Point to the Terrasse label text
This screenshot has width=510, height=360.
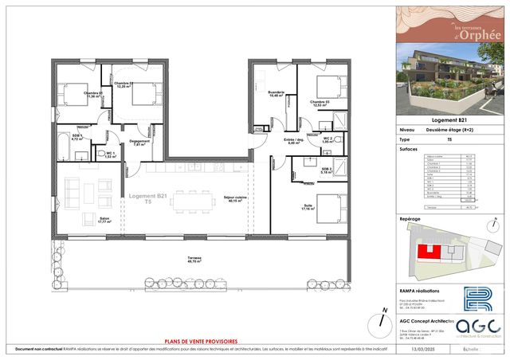tap(194, 259)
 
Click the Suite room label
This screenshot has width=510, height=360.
tap(307, 208)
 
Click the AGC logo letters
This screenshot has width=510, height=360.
tap(481, 327)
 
